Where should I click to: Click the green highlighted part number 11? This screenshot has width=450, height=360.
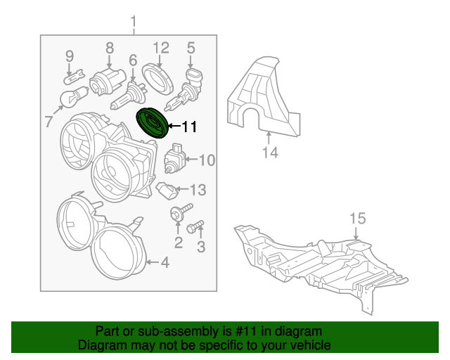tap(152, 123)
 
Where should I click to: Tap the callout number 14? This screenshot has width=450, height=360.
tap(270, 152)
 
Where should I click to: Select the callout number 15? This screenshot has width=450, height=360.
tap(358, 219)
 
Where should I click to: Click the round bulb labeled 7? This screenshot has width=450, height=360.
tap(74, 97)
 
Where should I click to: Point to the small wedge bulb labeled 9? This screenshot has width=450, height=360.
tap(74, 77)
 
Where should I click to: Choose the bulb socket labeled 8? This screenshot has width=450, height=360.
tap(108, 81)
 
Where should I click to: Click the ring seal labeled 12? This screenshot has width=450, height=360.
tap(157, 79)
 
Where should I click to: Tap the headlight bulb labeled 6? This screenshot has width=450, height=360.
tap(129, 95)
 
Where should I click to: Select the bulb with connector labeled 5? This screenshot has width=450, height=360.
tap(185, 89)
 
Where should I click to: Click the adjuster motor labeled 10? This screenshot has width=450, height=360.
tap(175, 158)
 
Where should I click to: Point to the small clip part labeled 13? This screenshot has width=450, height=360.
tap(167, 191)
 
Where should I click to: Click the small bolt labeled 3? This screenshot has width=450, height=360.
tap(195, 226)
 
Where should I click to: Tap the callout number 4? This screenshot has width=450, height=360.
tap(165, 262)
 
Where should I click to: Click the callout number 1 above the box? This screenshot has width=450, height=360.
tap(133, 22)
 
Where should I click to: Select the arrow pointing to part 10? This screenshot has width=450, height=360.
tap(191, 159)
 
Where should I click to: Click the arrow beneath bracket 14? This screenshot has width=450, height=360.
tap(269, 138)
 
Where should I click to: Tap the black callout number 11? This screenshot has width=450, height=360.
tap(189, 127)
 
